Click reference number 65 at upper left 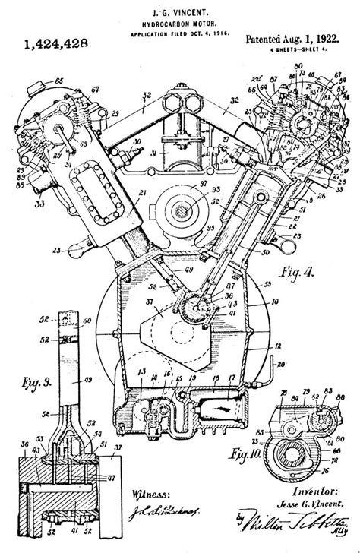pyautogui.click(x=58, y=79)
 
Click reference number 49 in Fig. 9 pyautogui.click(x=86, y=380)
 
